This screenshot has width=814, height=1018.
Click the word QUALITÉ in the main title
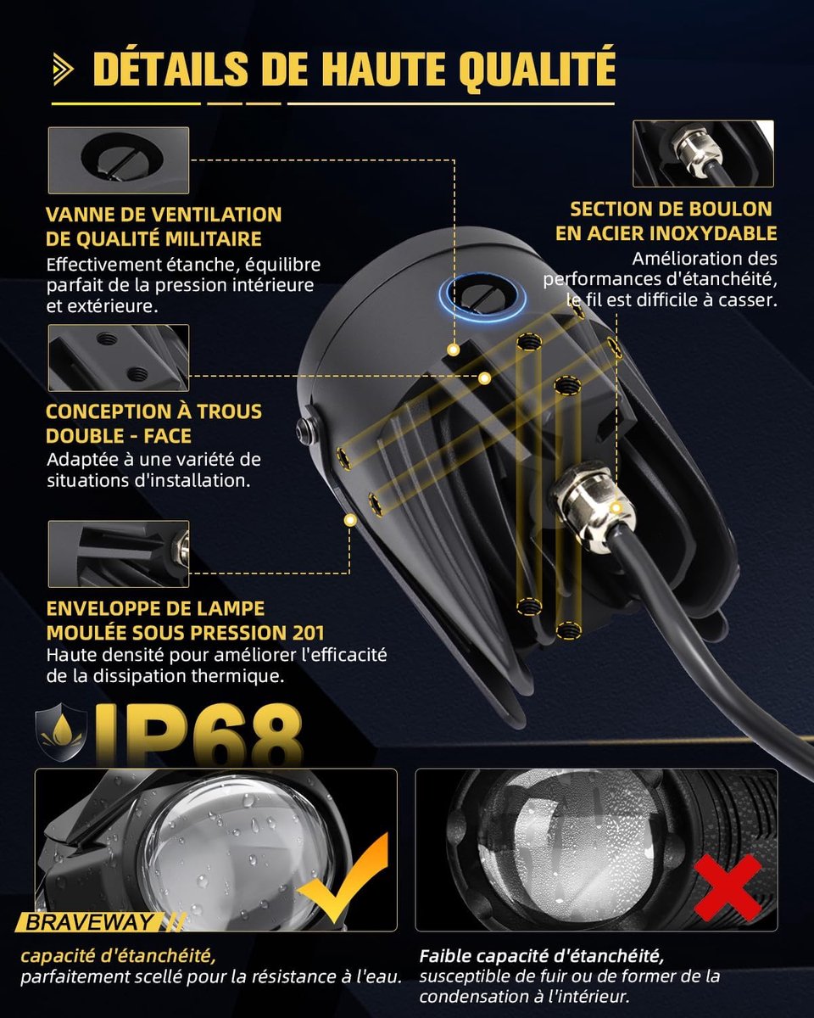point(538,70)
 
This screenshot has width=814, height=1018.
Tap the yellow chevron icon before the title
point(63,70)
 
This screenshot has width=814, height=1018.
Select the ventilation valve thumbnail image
point(119,160)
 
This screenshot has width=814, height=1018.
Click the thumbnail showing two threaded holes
point(119,358)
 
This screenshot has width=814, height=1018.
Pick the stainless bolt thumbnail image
point(703,154)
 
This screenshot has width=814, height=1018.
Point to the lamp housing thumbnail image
point(119,554)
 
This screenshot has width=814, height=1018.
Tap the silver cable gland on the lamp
point(587,508)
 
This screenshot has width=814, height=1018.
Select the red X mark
point(728,887)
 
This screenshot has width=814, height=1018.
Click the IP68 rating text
point(198,735)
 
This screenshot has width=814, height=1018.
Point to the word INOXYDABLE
point(723,233)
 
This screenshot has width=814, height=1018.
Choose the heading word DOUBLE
point(85,436)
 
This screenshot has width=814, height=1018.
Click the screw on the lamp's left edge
point(304,431)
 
